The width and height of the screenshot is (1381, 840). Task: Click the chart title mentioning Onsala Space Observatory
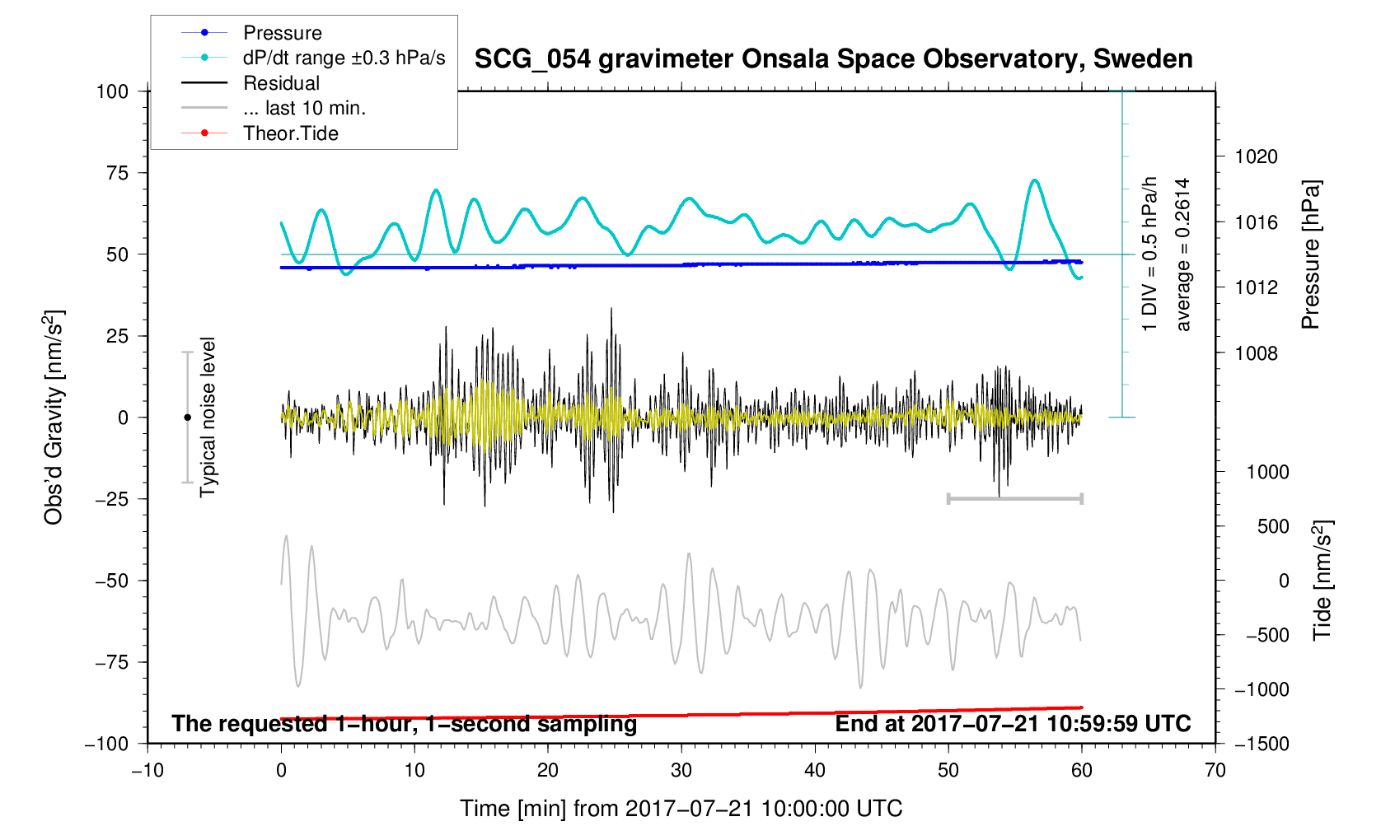tap(833, 59)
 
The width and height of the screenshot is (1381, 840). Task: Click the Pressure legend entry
tap(282, 33)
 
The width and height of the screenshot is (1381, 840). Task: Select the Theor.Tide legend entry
tap(290, 133)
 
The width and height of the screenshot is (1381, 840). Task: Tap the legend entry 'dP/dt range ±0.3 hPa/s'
tap(344, 58)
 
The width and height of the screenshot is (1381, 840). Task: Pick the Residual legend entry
tap(281, 83)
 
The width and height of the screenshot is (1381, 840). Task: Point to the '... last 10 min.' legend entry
tap(304, 108)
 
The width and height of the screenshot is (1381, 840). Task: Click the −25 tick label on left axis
tap(112, 499)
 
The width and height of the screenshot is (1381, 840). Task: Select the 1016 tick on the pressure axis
tap(1256, 222)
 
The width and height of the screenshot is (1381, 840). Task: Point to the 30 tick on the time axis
tap(681, 771)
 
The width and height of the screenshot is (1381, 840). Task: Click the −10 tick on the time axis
tap(147, 771)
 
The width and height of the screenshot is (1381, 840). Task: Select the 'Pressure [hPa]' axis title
tap(1310, 254)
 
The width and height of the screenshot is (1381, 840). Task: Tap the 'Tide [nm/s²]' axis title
tap(1322, 580)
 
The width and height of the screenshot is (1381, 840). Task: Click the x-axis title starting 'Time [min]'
tap(681, 809)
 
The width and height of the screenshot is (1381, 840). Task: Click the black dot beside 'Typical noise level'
tap(187, 418)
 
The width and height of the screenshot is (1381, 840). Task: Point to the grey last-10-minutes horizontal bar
tap(1014, 498)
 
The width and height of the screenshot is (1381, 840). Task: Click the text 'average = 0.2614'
tap(1183, 254)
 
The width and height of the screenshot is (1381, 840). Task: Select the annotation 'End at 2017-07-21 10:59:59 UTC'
tap(1013, 724)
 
